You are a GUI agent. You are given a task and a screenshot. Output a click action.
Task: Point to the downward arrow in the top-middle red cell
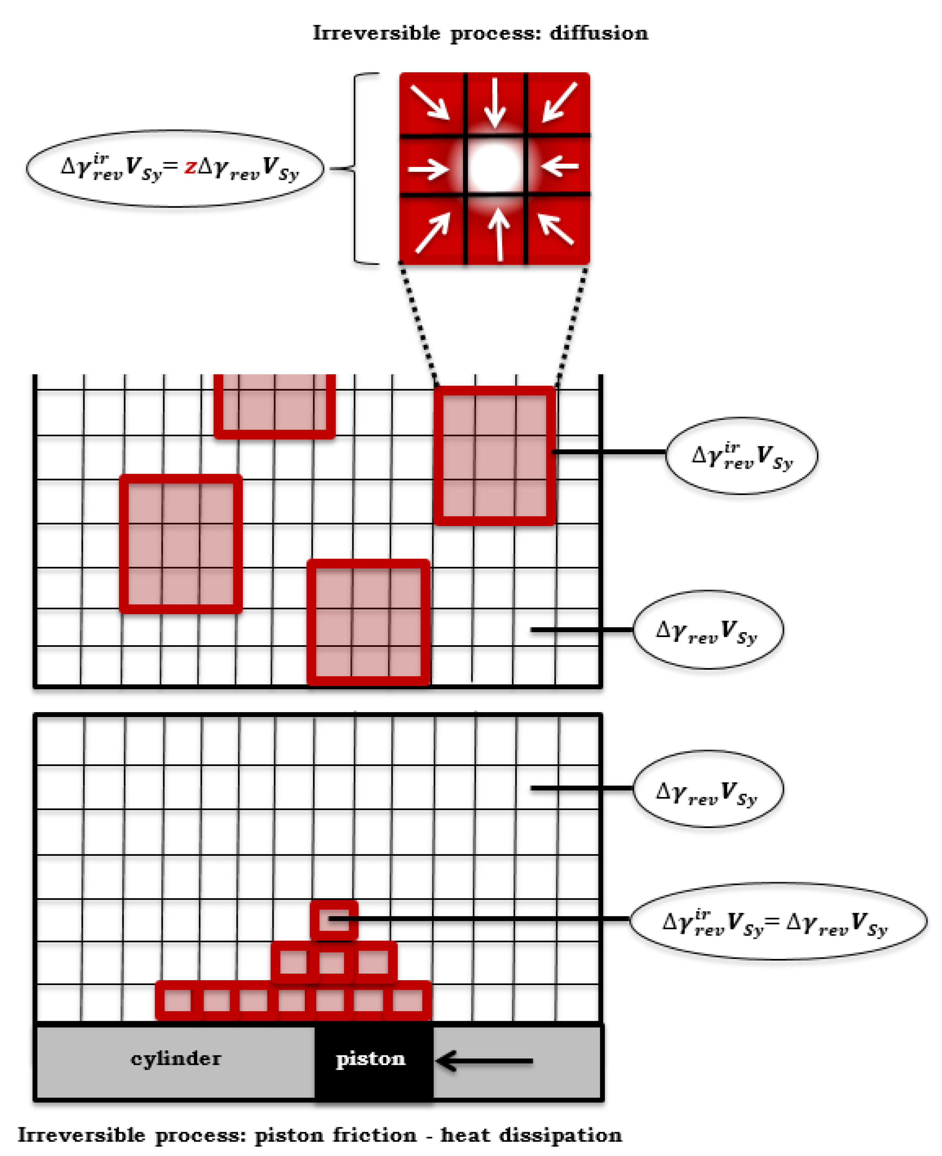(x=494, y=103)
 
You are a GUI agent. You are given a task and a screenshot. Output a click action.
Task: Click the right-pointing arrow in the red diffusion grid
(x=428, y=169)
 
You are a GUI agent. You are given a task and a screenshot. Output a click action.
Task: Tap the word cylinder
(x=176, y=1059)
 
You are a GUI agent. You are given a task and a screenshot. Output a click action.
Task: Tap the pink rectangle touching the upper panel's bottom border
(x=368, y=622)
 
